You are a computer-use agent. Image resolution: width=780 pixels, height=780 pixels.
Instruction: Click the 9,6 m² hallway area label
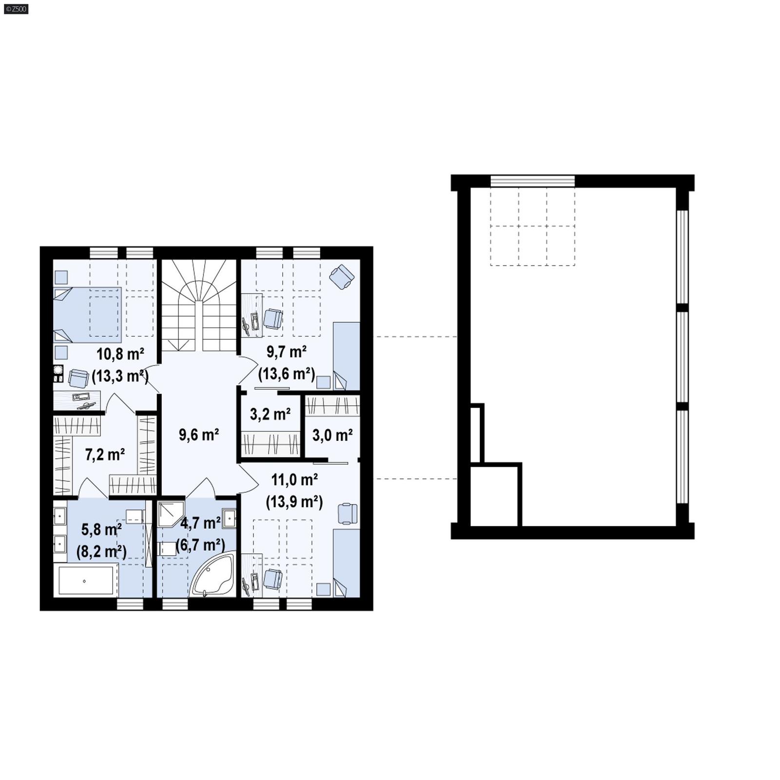pyautogui.click(x=198, y=434)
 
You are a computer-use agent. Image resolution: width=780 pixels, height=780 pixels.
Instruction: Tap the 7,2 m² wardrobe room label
pyautogui.click(x=105, y=454)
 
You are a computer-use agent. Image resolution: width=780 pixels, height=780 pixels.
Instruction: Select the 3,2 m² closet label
pyautogui.click(x=270, y=414)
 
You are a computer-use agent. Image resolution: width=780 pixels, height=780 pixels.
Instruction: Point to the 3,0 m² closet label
pyautogui.click(x=332, y=435)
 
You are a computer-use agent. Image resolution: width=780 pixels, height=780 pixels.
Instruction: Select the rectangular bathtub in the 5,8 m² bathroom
pyautogui.click(x=86, y=580)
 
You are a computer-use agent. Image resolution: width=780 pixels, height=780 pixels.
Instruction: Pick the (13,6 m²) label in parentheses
pyautogui.click(x=286, y=374)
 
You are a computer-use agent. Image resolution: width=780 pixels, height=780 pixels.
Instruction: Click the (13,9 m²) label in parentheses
pyautogui.click(x=294, y=502)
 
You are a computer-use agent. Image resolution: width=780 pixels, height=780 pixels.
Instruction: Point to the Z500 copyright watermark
pyautogui.click(x=16, y=9)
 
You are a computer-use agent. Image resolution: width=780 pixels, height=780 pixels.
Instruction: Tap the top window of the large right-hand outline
pyautogui.click(x=532, y=181)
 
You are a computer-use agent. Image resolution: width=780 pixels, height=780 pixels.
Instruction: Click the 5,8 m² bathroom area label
pyautogui.click(x=101, y=529)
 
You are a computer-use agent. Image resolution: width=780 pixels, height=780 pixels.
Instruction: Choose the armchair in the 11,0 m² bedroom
pyautogui.click(x=347, y=514)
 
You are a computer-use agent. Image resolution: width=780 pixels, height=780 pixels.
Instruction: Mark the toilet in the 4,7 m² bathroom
pyautogui.click(x=168, y=548)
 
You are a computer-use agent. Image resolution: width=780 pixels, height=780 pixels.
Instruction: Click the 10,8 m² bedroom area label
pyautogui.click(x=120, y=353)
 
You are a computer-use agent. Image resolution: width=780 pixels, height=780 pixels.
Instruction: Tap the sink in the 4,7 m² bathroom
pyautogui.click(x=229, y=517)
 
